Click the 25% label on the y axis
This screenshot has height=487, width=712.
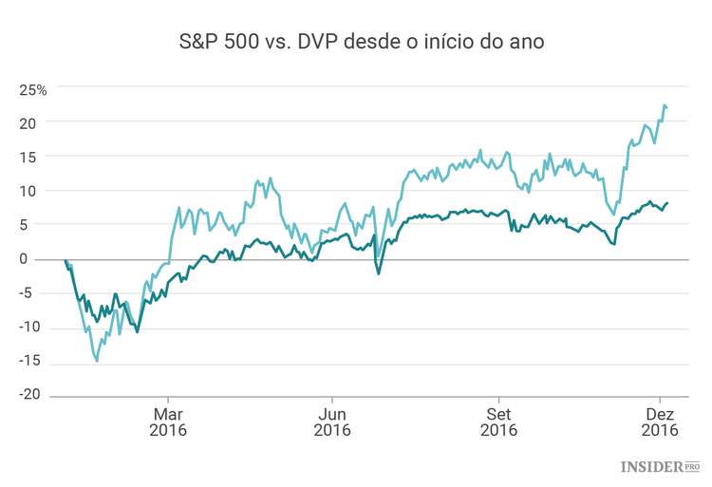click(x=33, y=90)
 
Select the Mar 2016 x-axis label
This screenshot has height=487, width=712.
click(x=168, y=421)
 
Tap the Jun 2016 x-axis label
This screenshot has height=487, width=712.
click(x=331, y=421)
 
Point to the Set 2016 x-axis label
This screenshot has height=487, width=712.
click(x=498, y=421)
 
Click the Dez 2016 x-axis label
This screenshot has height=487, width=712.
click(x=661, y=421)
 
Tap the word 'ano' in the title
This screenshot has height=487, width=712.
click(x=525, y=43)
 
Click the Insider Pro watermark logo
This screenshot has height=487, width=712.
click(x=661, y=467)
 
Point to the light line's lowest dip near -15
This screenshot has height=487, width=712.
click(x=97, y=361)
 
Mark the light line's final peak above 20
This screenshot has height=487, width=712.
click(x=664, y=105)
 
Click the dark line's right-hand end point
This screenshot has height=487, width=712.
click(x=667, y=202)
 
